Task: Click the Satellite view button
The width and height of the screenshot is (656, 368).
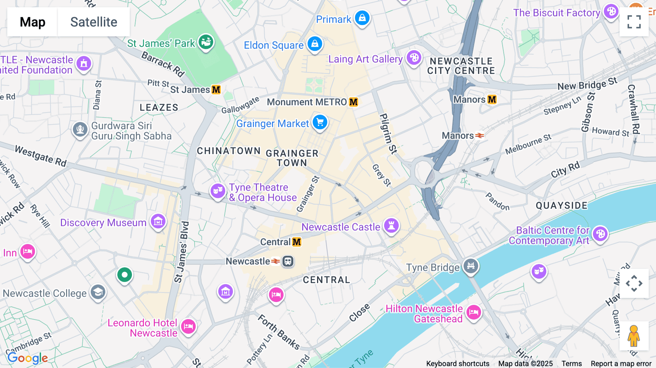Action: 94,22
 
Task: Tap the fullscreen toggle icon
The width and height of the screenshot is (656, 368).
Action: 634,22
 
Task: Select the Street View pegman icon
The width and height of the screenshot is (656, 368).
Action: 634,336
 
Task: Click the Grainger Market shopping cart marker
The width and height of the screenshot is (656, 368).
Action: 320,122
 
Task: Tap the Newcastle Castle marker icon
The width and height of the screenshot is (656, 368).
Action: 391,226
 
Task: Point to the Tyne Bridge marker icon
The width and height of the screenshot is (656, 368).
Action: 470,266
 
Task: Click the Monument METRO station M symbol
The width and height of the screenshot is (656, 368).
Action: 353,102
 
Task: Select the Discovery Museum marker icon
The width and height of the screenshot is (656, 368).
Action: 158,221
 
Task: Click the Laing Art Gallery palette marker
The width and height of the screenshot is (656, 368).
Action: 414,58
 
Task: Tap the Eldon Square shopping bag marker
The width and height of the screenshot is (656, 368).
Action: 315,44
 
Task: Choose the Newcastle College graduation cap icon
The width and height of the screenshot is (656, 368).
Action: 98,292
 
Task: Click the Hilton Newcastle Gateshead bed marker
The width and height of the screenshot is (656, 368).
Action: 473,312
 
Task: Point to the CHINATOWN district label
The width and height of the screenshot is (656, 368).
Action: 229,151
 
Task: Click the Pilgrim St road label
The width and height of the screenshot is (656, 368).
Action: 388,133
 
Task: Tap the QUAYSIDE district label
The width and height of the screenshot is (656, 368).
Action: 561,205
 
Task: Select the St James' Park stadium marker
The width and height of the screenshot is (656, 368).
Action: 206,42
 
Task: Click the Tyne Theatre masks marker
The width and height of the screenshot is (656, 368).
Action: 218,190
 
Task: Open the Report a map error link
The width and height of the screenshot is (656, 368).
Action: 621,364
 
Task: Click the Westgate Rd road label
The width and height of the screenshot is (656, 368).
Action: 40,156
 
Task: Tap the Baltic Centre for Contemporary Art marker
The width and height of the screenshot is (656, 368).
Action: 600,234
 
